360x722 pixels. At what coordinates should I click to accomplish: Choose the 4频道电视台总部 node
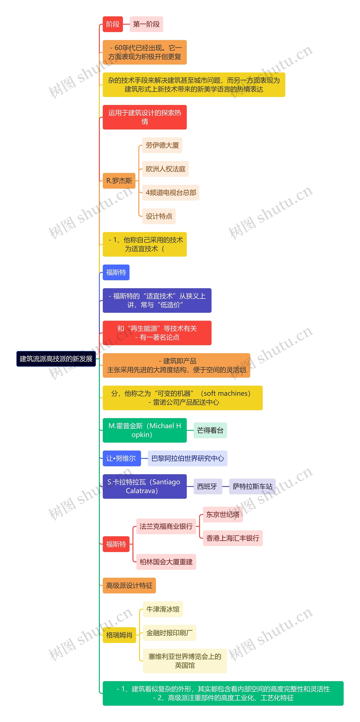click(x=171, y=192)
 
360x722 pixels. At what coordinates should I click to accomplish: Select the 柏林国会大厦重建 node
click(x=166, y=562)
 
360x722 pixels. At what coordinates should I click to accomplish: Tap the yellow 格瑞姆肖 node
click(x=119, y=635)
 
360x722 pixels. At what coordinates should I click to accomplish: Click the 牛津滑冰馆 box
click(x=163, y=609)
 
